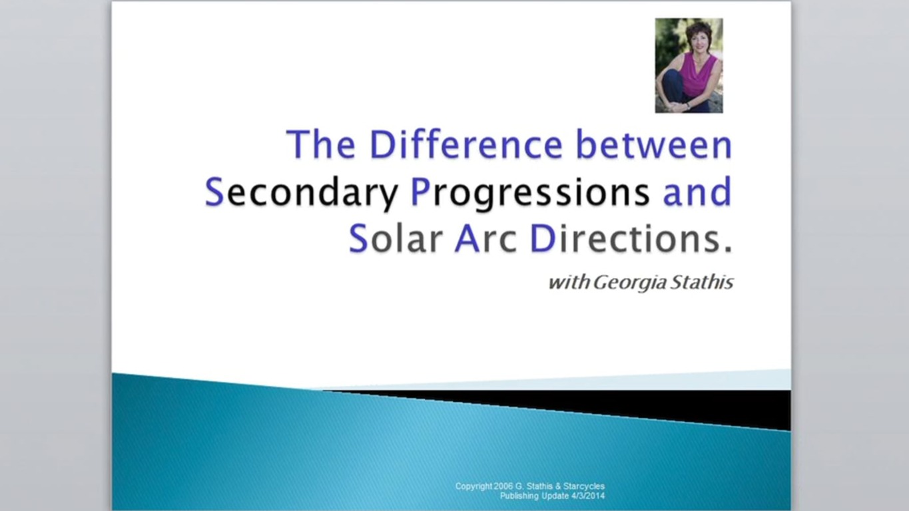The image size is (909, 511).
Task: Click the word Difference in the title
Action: click(x=466, y=144)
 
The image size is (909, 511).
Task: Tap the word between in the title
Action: click(x=653, y=144)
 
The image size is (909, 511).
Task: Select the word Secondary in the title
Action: click(x=302, y=192)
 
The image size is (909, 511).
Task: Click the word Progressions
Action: click(x=529, y=192)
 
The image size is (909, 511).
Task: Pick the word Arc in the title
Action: click(x=485, y=239)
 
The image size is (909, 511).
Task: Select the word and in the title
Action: click(x=697, y=192)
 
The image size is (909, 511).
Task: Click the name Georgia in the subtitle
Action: click(x=629, y=283)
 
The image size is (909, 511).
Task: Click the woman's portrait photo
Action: click(x=689, y=65)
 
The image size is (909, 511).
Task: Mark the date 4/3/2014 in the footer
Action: click(x=588, y=496)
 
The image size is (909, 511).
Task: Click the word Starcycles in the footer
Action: click(x=584, y=486)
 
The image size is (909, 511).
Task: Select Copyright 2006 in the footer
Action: click(x=484, y=486)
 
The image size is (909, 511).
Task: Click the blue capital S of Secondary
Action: click(x=214, y=192)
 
